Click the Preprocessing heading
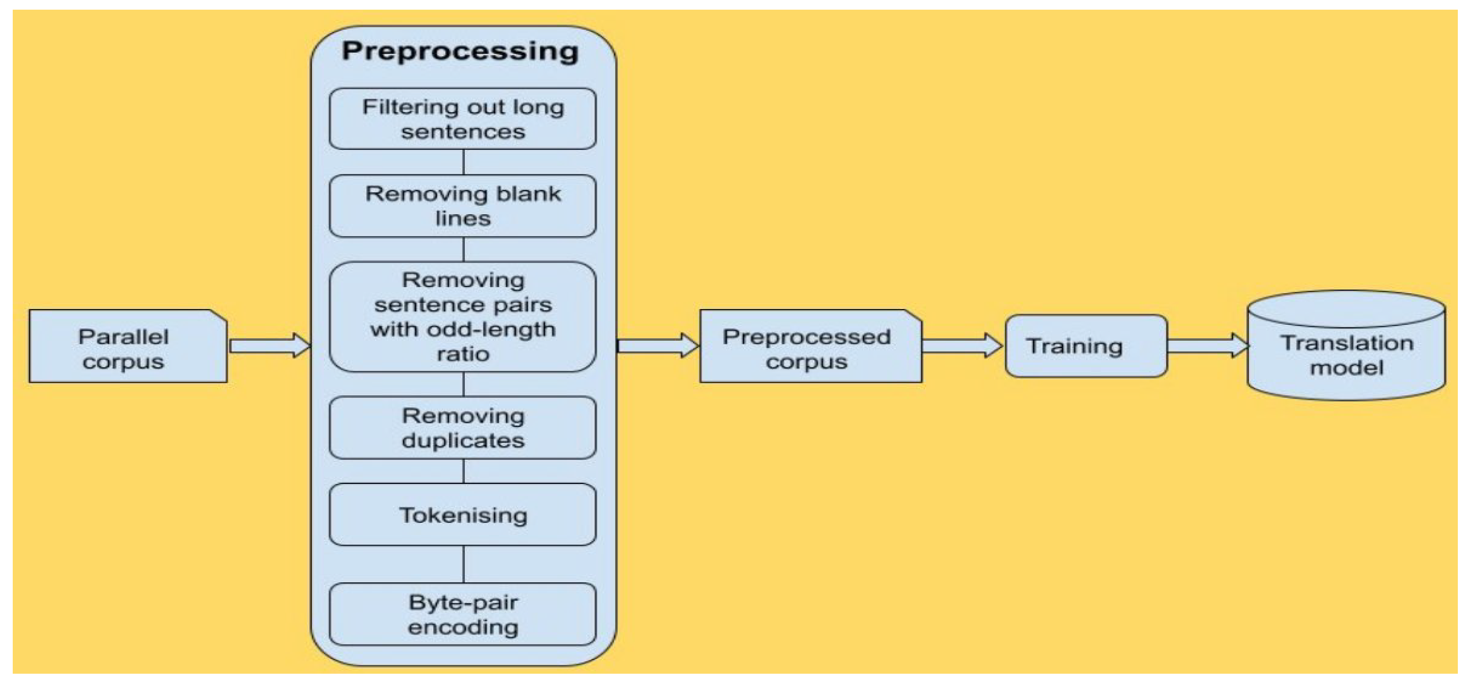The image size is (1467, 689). click(x=460, y=52)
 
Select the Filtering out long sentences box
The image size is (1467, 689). click(x=463, y=118)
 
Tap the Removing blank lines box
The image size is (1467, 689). click(x=463, y=206)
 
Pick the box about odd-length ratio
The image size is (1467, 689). click(x=463, y=317)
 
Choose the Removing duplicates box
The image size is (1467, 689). click(x=463, y=428)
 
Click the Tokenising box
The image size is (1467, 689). click(x=463, y=515)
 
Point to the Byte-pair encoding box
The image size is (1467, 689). click(x=463, y=615)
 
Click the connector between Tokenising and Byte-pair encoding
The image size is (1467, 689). click(x=464, y=564)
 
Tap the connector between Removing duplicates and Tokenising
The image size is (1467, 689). click(x=464, y=471)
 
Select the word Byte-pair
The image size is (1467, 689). click(x=463, y=602)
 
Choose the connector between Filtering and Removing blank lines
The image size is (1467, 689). click(x=464, y=162)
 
